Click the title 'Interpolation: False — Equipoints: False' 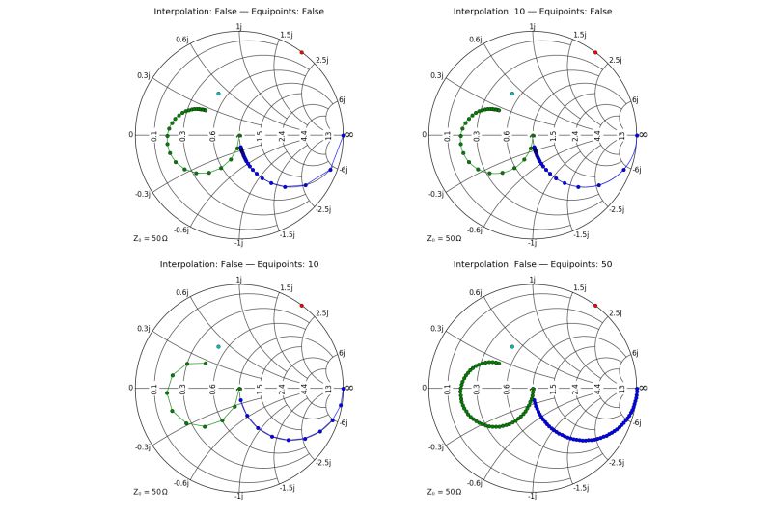pyautogui.click(x=239, y=11)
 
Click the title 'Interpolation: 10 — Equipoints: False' pyautogui.click(x=534, y=11)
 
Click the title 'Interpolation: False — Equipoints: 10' pyautogui.click(x=239, y=264)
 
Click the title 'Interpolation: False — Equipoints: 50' pyautogui.click(x=534, y=264)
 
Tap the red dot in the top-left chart pyautogui.click(x=301, y=52)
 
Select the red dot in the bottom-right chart pyautogui.click(x=595, y=306)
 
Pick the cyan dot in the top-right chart pyautogui.click(x=512, y=93)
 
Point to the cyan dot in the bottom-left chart pyautogui.click(x=218, y=346)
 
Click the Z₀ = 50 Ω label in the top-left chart pyautogui.click(x=151, y=237)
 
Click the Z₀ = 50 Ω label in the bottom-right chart pyautogui.click(x=445, y=491)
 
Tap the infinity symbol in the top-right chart pyautogui.click(x=643, y=134)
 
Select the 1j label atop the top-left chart pyautogui.click(x=239, y=27)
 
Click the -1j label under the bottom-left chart pyautogui.click(x=238, y=496)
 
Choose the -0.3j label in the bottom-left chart pyautogui.click(x=142, y=447)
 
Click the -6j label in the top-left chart pyautogui.click(x=342, y=171)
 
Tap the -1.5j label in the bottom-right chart pyautogui.click(x=581, y=488)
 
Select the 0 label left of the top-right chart pyautogui.click(x=425, y=134)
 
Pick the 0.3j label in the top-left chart pyautogui.click(x=142, y=74)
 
